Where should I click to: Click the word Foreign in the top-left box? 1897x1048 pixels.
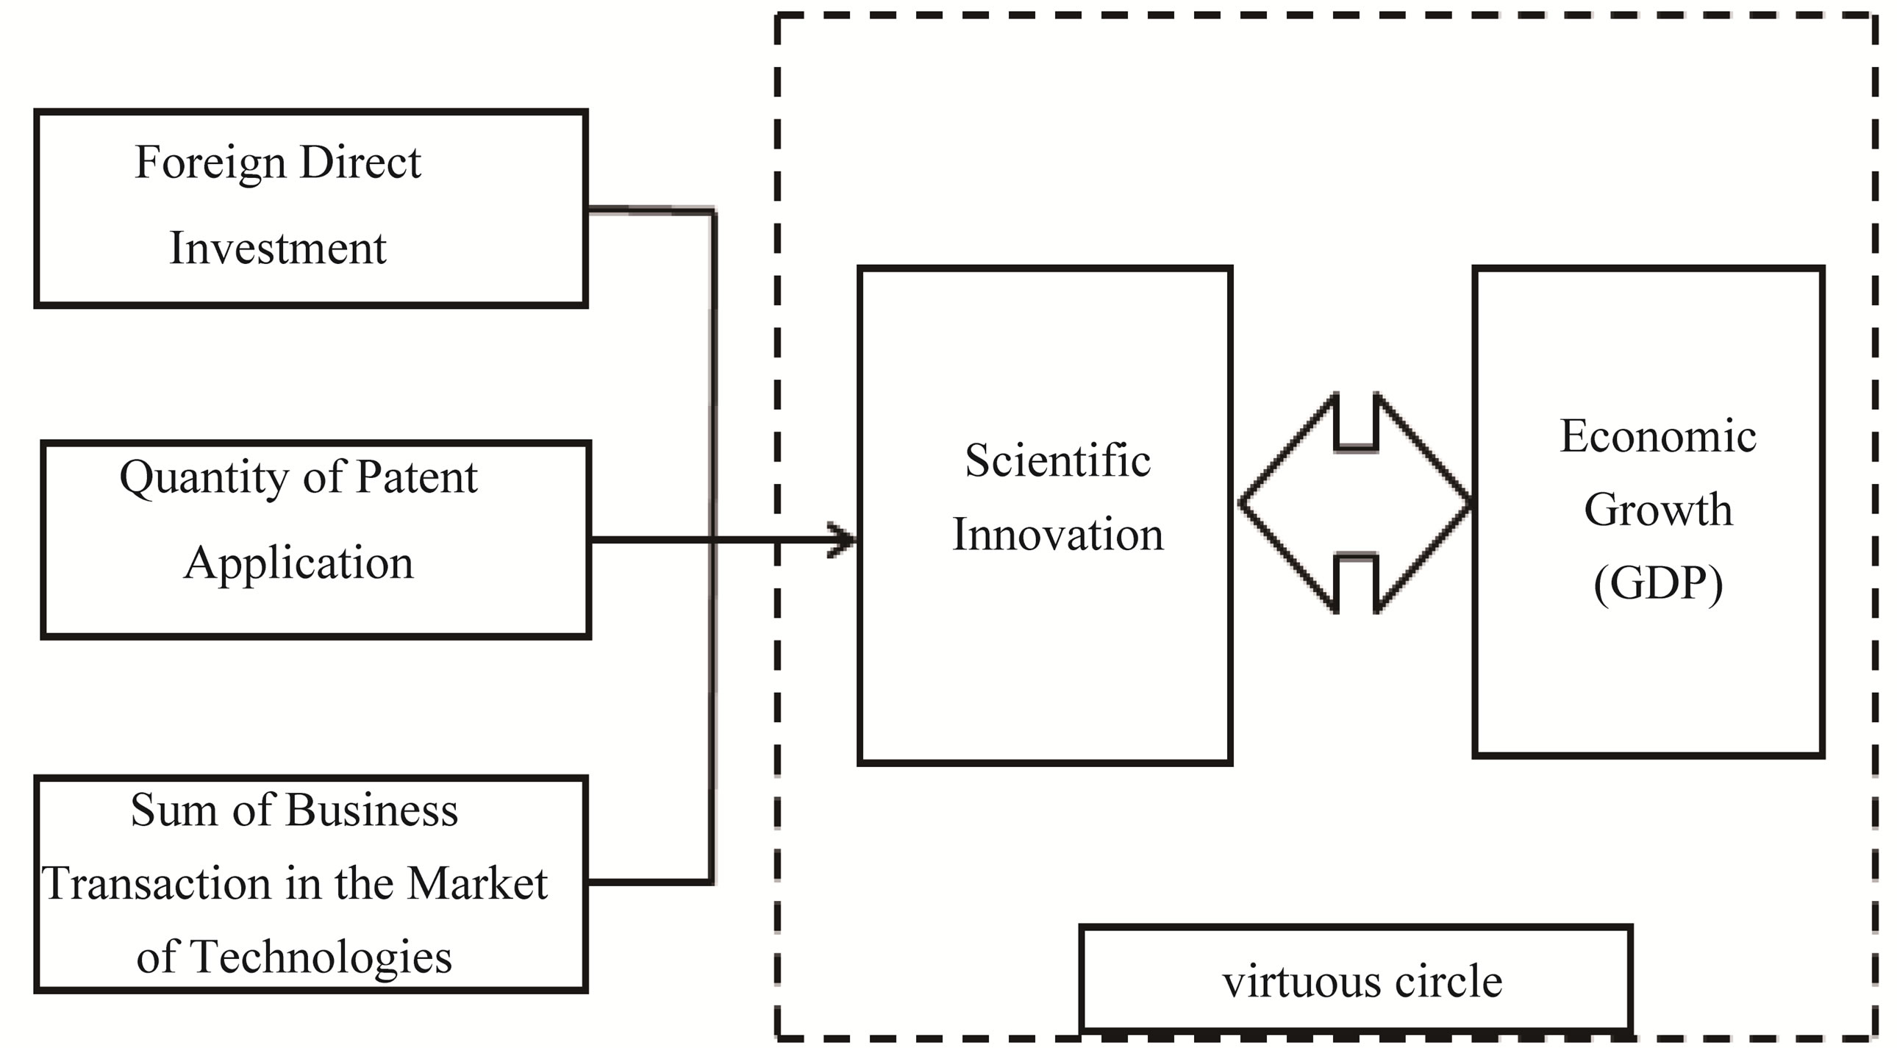210,163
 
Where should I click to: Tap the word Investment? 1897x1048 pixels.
278,248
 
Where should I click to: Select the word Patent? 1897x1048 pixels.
417,477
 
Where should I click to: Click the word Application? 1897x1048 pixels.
299,564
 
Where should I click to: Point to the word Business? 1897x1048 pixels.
371,811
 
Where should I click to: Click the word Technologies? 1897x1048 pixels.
321,958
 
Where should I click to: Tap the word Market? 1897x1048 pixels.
477,883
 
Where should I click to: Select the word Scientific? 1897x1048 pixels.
1057,461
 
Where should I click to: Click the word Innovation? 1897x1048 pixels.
1057,535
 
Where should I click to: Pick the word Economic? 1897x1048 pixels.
1657,436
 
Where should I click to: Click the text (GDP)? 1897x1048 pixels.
1657,584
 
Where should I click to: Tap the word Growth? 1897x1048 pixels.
1657,510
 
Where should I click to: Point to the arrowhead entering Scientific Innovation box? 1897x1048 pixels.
843,540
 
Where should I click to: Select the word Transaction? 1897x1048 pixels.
157,883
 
